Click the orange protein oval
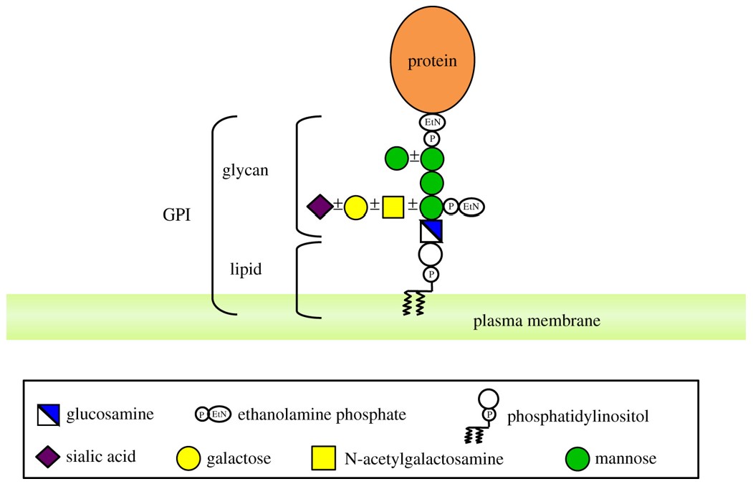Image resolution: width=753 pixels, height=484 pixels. (x=431, y=61)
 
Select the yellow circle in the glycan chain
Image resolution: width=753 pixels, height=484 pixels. (x=356, y=207)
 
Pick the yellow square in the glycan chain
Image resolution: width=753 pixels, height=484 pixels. (x=393, y=207)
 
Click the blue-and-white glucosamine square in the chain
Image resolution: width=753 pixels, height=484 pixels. (x=431, y=231)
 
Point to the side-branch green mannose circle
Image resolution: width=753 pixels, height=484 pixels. (x=396, y=158)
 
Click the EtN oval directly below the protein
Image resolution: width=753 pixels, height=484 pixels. (x=431, y=123)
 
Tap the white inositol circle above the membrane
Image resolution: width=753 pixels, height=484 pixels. (x=431, y=253)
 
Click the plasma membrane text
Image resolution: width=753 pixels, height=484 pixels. (x=537, y=321)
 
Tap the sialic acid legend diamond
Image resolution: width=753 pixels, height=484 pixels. (x=48, y=456)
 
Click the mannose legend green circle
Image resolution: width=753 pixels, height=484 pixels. (x=578, y=457)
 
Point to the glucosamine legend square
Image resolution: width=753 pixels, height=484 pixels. (x=48, y=414)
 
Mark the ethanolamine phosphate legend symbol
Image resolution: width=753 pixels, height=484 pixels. (x=213, y=414)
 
